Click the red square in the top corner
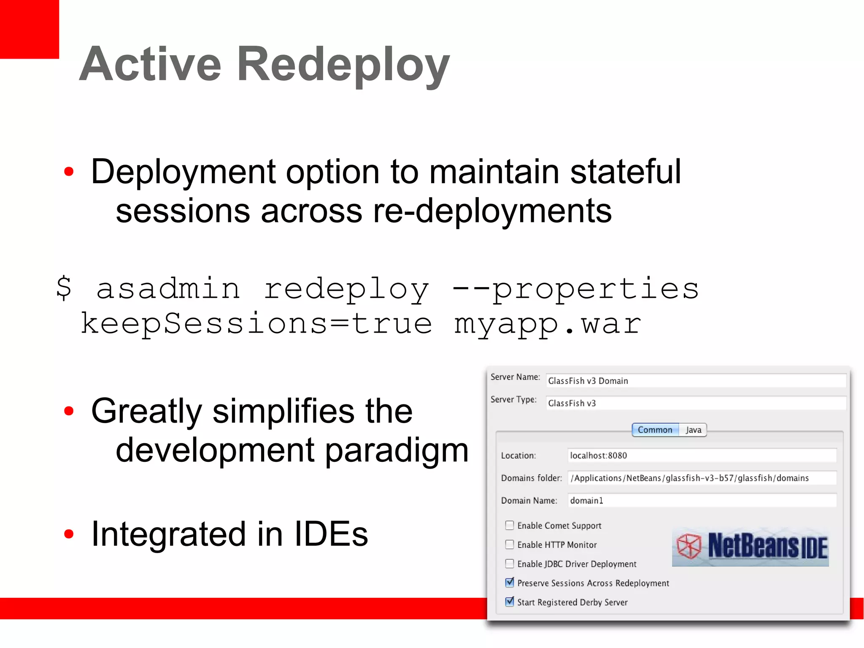pos(29,29)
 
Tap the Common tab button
pos(655,430)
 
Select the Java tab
pos(693,430)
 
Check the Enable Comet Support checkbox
pos(510,525)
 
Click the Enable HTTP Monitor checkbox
pos(510,545)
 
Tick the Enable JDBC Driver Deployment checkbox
pos(510,564)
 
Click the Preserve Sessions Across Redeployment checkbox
pos(510,583)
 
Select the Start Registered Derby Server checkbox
pos(510,602)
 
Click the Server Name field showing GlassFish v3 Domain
pos(695,381)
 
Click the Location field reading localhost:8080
pos(702,455)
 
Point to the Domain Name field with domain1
pos(702,501)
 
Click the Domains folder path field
pos(702,478)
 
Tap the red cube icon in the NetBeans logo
pos(688,546)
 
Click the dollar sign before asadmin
pos(64,288)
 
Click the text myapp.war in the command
pos(547,324)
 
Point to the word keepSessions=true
pos(256,324)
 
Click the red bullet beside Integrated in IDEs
pos(69,534)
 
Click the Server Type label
pos(513,399)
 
